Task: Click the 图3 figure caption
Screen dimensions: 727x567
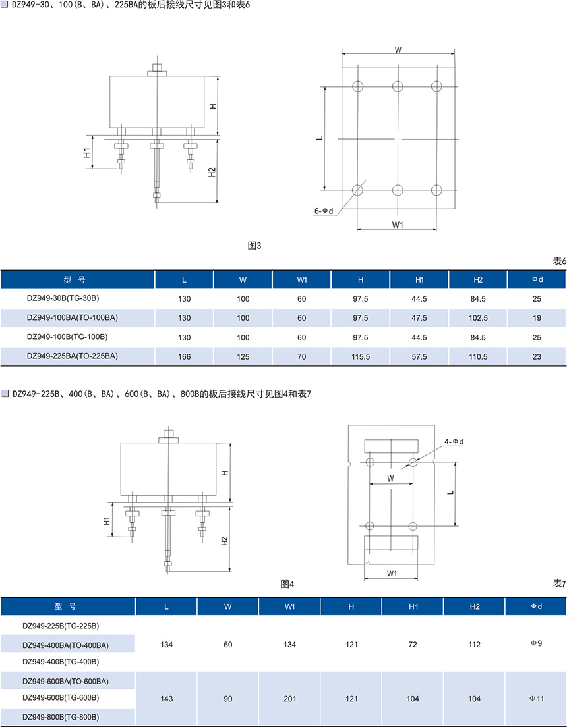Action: coord(254,246)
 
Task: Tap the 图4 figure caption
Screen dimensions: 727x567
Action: coord(287,584)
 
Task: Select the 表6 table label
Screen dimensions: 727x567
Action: coord(559,261)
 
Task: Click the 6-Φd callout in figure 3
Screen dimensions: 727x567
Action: coord(324,211)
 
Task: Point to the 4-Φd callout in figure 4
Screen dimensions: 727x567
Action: coord(454,441)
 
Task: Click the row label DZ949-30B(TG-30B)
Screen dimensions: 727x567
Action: coord(63,298)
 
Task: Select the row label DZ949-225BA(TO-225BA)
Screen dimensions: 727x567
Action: coord(73,356)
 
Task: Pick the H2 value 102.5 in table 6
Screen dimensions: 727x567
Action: coord(478,318)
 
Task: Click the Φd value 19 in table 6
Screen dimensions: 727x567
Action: coord(537,318)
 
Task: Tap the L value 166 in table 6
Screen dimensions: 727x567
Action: coord(185,356)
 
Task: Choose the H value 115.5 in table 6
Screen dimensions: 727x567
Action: coord(361,356)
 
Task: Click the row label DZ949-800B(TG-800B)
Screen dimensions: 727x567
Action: coord(61,716)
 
